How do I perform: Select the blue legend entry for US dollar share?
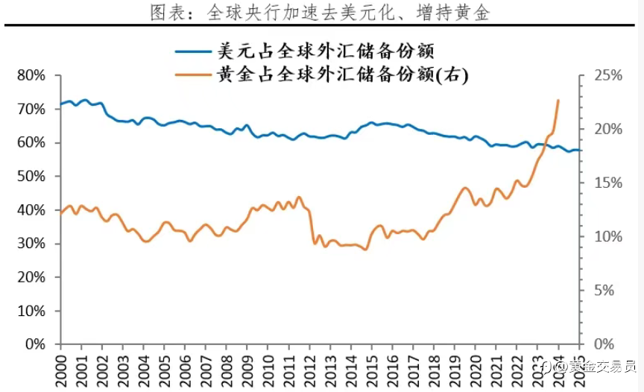click(x=305, y=51)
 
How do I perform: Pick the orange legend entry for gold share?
click(x=321, y=75)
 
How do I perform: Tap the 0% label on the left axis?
click(x=37, y=345)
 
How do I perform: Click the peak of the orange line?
click(x=558, y=100)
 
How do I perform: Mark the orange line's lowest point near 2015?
click(x=365, y=249)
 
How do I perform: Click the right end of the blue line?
click(x=581, y=151)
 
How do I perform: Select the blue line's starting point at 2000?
click(x=61, y=104)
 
